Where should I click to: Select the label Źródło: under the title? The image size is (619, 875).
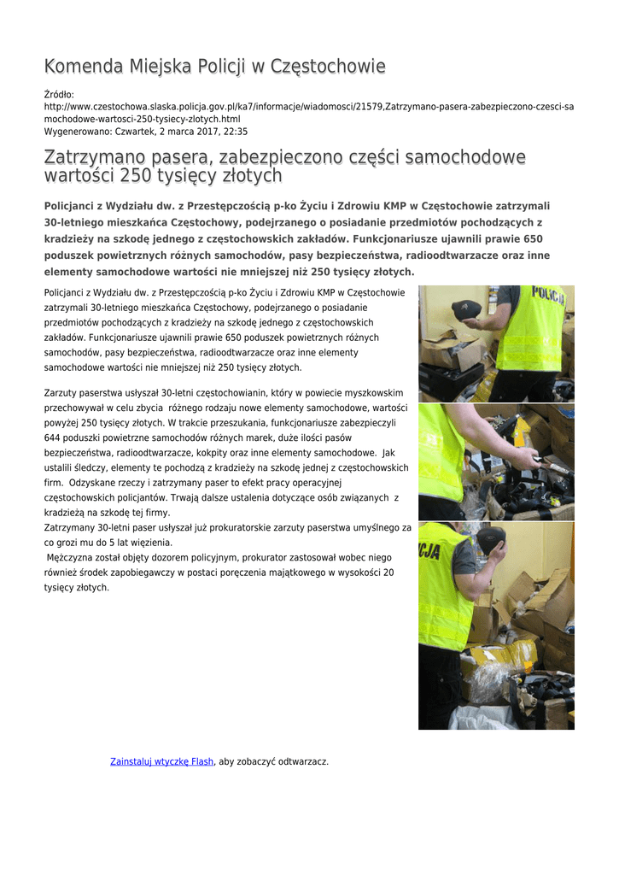pos(59,94)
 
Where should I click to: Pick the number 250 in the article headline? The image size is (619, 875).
pos(137,177)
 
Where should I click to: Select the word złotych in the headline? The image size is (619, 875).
pos(251,177)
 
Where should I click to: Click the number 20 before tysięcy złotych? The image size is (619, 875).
pos(388,573)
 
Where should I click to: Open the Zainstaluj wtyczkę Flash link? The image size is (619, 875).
pos(162,761)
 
